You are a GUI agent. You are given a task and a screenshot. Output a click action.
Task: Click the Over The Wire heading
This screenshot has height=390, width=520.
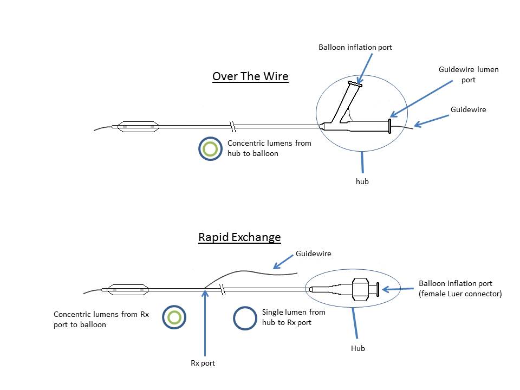250,76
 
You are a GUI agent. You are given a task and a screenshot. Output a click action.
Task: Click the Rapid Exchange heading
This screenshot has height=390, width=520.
239,237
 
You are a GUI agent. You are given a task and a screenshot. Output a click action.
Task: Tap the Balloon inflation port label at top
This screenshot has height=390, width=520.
355,48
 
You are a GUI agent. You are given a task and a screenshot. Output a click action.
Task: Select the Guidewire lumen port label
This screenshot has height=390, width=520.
469,75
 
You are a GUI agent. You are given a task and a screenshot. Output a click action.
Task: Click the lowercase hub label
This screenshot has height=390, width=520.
362,181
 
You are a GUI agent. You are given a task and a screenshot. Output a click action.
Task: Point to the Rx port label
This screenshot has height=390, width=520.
203,363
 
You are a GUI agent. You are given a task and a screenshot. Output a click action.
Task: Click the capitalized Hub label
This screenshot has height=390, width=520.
357,348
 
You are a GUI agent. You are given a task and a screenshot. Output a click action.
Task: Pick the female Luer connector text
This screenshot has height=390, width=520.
460,294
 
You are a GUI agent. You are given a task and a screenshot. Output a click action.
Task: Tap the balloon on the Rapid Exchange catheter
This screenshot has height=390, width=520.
127,290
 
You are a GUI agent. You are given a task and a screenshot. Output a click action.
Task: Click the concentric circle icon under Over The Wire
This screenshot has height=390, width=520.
210,149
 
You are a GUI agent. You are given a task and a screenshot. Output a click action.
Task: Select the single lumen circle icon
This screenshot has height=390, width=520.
245,318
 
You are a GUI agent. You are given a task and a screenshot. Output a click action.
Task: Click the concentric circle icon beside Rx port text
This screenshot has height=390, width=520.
174,318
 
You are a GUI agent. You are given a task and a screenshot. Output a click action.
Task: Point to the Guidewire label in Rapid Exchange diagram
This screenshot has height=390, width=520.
314,253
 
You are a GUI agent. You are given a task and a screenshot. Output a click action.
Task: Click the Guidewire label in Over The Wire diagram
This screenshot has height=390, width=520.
469,109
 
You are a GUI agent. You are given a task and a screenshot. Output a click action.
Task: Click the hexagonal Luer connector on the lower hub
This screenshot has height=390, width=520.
360,289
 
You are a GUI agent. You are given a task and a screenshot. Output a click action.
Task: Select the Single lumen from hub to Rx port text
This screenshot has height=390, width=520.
294,316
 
